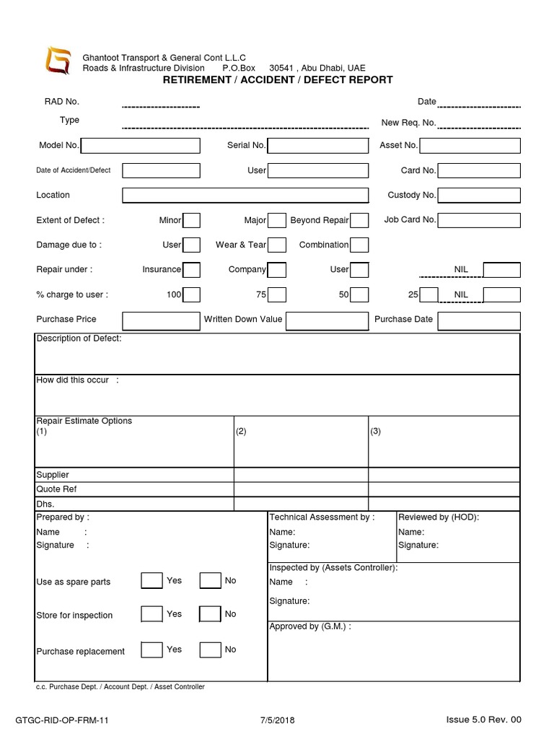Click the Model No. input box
coord(140,146)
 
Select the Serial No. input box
coord(318,146)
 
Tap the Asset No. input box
coord(470,146)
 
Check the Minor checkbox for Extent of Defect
coord(191,221)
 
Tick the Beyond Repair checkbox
coord(359,221)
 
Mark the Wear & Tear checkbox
coord(277,245)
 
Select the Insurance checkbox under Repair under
coord(191,270)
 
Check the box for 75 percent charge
coord(277,294)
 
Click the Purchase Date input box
coord(478,320)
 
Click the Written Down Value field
coord(327,320)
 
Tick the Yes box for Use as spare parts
coord(151,581)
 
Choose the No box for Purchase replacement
coord(210,650)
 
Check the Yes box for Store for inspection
coord(151,615)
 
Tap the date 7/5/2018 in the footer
coord(277,720)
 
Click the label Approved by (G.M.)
coord(310,626)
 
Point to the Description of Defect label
coord(79,339)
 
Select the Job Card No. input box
coord(478,220)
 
